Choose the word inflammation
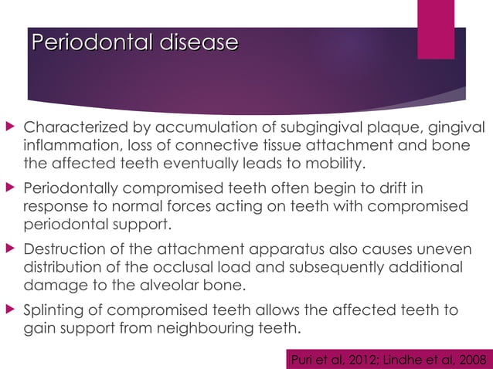[74, 146]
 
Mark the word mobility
[331, 164]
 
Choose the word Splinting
[58, 310]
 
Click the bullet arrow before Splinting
[11, 310]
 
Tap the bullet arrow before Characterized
[11, 127]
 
